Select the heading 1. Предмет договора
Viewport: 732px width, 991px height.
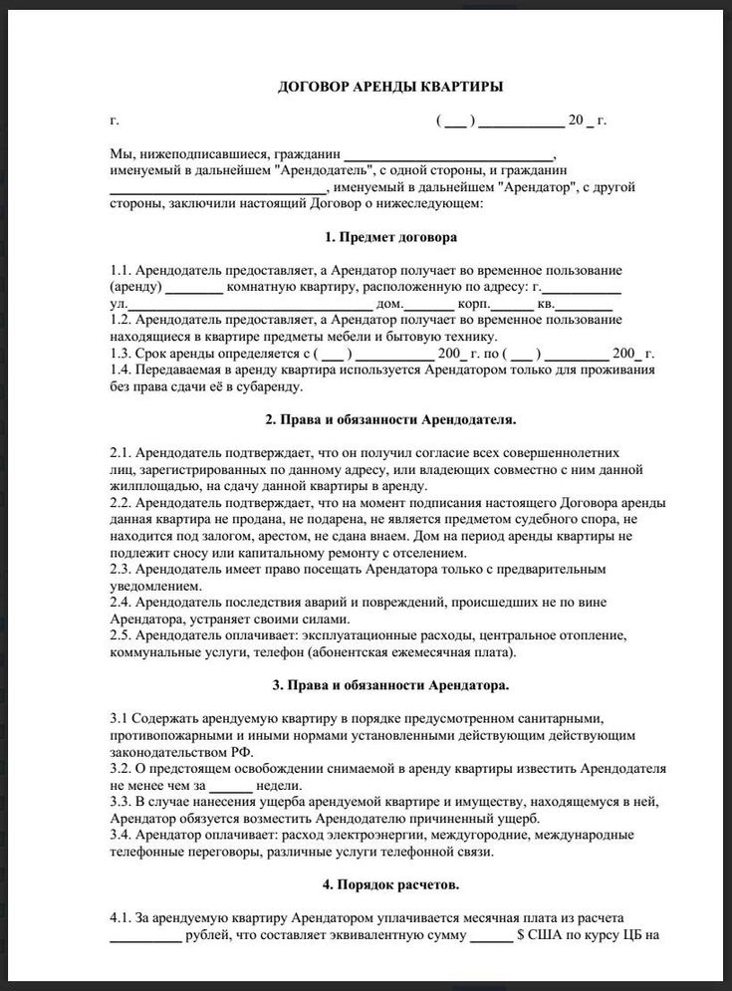[x=390, y=238]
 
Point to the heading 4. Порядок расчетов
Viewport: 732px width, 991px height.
[x=390, y=883]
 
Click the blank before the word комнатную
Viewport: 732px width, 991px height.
[x=194, y=290]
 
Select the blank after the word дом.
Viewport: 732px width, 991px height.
[x=429, y=306]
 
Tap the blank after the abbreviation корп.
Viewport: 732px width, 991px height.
[x=513, y=306]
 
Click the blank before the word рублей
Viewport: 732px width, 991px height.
[x=144, y=935]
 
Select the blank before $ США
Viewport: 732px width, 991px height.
[x=490, y=935]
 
